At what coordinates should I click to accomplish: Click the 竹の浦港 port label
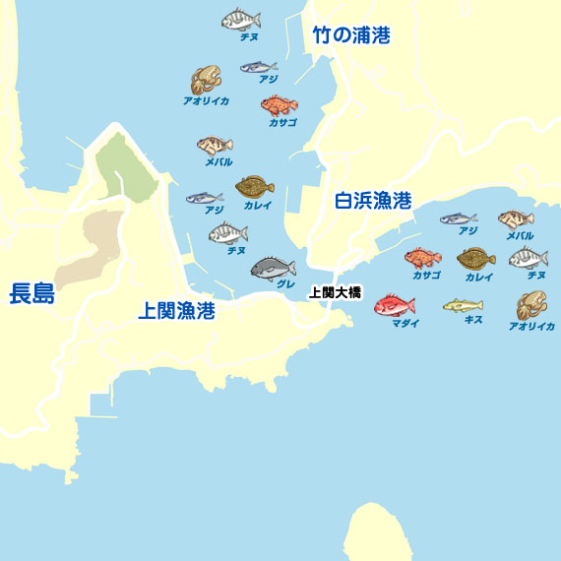point(351,36)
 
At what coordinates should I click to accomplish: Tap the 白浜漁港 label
point(373,202)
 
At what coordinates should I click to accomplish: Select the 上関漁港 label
point(176,312)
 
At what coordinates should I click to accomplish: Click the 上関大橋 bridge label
point(336,292)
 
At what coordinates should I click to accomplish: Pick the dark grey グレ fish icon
point(273,267)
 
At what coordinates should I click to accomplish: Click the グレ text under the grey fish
point(285,283)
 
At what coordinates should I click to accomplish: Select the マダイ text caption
point(405,323)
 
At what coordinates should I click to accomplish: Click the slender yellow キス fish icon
point(462,305)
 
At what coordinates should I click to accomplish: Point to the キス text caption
point(472,320)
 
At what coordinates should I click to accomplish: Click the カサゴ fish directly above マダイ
point(422,259)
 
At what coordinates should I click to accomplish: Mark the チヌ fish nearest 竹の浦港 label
point(240,19)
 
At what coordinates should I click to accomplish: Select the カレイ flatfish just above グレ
point(255,185)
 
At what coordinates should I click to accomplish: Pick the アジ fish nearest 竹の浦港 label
point(258,68)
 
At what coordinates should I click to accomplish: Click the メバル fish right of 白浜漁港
point(516,219)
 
